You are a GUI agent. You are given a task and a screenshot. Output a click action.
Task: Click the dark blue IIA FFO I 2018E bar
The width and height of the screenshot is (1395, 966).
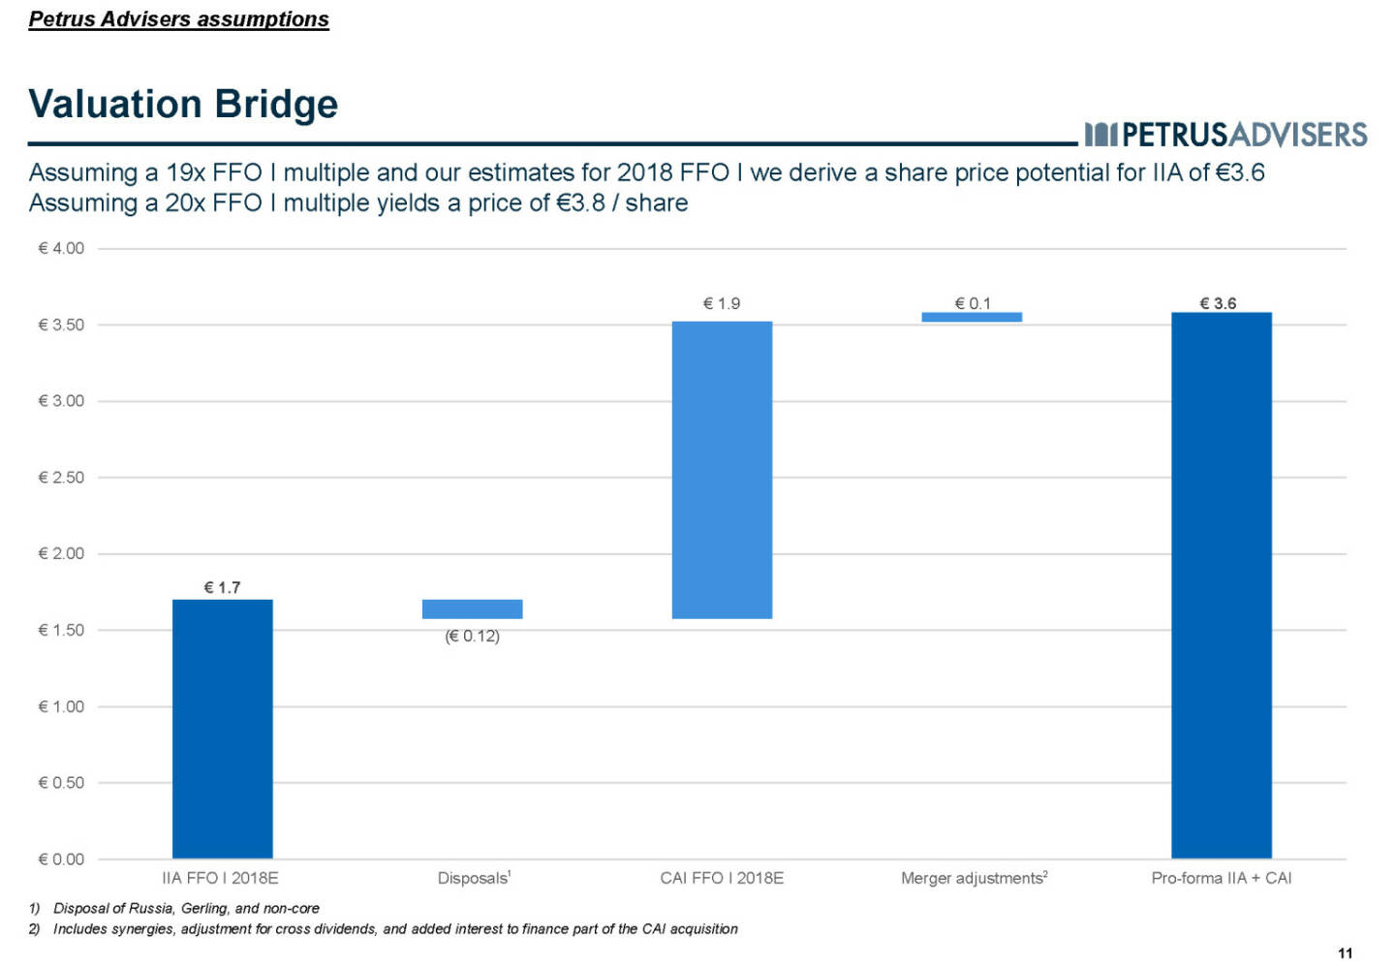point(222,729)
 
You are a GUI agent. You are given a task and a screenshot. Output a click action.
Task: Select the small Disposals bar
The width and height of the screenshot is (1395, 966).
point(472,608)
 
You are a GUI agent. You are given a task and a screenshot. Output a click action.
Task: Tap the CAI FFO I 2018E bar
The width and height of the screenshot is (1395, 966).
point(722,470)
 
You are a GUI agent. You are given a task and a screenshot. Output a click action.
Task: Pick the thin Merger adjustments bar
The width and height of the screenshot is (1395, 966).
point(972,317)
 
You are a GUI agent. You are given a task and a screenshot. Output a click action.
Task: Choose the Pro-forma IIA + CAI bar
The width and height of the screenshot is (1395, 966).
point(1221,585)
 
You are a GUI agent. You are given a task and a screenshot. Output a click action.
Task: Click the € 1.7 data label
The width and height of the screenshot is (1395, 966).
point(222,587)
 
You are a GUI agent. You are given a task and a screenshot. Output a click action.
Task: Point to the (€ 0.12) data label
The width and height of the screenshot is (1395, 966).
point(472,636)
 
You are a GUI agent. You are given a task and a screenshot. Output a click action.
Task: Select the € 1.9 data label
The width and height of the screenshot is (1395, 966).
point(722,303)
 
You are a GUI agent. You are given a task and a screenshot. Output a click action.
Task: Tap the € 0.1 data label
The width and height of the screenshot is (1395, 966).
point(973,303)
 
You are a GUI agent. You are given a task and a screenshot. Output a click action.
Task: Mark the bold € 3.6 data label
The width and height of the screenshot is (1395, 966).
point(1218,303)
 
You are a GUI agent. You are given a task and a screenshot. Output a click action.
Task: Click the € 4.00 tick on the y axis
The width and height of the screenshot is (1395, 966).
point(61,248)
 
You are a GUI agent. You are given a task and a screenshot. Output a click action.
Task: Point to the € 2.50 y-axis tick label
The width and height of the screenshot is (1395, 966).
point(61,477)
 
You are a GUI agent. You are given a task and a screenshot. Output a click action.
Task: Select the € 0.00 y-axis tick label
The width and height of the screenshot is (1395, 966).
point(61,858)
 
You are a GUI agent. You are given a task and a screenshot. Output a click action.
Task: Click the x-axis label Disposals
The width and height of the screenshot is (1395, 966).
point(473,878)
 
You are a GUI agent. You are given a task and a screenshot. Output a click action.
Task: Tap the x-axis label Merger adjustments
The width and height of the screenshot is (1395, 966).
point(973,878)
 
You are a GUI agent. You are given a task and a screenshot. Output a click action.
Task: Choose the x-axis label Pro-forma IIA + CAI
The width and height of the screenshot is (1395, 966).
point(1221,878)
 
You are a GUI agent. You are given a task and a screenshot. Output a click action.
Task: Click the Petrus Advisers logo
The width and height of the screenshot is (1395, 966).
point(1225,134)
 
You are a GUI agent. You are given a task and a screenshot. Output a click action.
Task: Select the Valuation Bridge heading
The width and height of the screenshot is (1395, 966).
point(183,104)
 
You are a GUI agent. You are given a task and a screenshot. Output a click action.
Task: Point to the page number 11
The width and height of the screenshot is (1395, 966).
point(1345,953)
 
